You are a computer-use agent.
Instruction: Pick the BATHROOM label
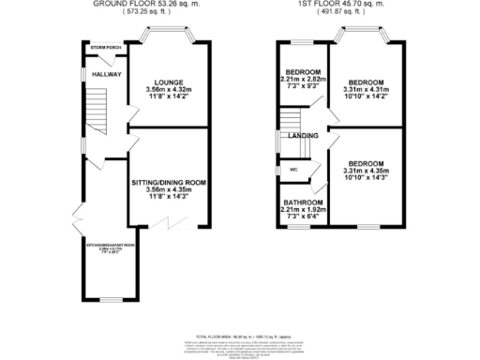[304, 202]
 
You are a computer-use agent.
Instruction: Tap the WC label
[293, 169]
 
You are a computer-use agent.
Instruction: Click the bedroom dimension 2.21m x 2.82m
[304, 81]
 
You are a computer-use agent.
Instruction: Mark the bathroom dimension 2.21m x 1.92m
[304, 211]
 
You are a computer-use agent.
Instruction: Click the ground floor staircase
[94, 102]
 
